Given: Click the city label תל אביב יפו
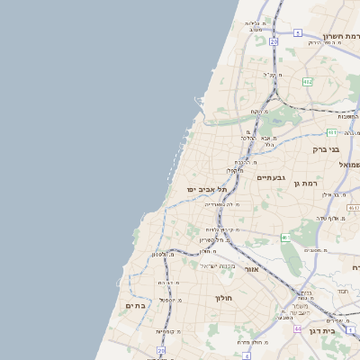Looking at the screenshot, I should point(207,190).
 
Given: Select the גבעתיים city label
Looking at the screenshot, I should point(270,177).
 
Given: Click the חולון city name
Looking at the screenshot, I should point(223,298).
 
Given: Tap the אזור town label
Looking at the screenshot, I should point(251,269).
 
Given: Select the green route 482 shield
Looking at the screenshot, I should point(308,82).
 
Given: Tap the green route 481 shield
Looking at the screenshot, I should point(353,208).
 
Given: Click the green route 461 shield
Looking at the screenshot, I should point(285,238).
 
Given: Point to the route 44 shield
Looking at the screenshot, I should point(297,329).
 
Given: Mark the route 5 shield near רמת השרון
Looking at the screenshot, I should point(297,32).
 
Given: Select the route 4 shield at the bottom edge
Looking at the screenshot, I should point(246,355).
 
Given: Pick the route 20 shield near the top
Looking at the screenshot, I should point(274,41).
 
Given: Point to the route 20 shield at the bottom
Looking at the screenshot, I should point(162,350).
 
